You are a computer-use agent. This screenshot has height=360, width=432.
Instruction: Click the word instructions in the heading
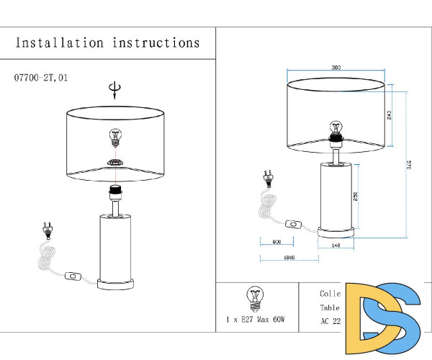[x=156, y=42]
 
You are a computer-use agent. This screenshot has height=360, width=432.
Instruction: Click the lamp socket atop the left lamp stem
[x=114, y=192]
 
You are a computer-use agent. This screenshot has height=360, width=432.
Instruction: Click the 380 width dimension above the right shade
[x=336, y=68]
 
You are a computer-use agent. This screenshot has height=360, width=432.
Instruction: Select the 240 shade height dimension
[x=390, y=115]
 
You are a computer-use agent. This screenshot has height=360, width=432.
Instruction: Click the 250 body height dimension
[x=354, y=196]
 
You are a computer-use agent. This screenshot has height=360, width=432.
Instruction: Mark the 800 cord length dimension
[x=276, y=242]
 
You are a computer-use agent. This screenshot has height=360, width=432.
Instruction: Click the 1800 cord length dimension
[x=289, y=257]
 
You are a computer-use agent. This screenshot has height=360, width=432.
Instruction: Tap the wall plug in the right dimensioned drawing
[x=268, y=177]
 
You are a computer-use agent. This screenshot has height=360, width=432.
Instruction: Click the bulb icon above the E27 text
[x=255, y=296]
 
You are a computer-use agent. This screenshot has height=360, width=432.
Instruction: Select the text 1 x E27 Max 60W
[x=256, y=318]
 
